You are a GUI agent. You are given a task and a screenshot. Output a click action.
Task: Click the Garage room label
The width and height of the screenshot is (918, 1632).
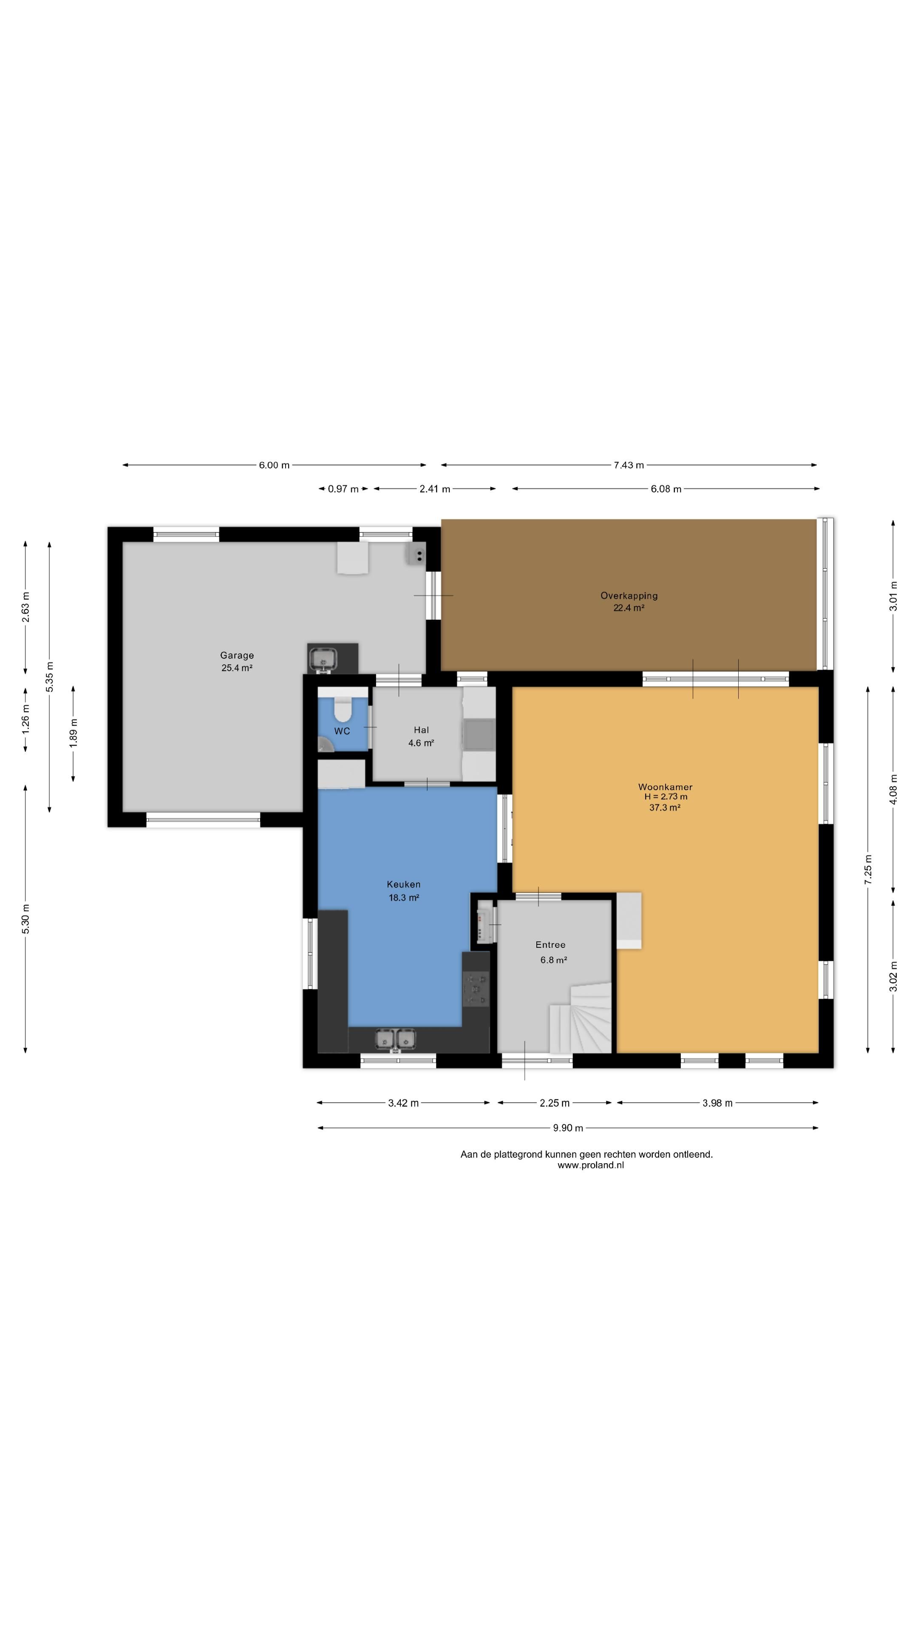click(x=237, y=655)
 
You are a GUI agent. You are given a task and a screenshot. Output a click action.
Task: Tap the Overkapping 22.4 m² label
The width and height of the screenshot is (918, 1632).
click(x=629, y=601)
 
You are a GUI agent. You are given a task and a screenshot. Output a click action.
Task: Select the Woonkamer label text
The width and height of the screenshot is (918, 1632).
click(x=665, y=787)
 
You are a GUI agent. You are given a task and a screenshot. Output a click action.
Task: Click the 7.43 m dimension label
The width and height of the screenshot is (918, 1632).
click(x=629, y=465)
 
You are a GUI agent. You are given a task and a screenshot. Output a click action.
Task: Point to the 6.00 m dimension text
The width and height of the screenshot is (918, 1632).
click(x=274, y=465)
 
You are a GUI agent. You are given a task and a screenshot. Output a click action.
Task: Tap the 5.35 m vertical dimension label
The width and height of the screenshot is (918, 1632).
click(x=49, y=677)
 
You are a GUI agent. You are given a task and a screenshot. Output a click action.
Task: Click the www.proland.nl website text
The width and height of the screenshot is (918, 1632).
click(x=590, y=1164)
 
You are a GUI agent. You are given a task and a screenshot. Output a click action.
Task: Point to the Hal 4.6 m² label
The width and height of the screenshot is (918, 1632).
click(x=421, y=736)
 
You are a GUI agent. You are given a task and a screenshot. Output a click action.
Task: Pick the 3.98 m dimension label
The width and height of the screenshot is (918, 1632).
click(x=717, y=1103)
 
